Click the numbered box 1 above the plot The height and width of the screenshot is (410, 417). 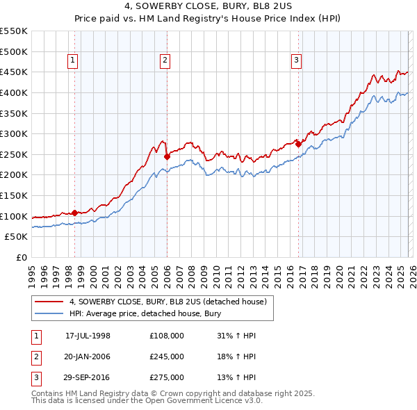pyautogui.click(x=73, y=61)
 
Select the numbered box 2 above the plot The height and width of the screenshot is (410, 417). pyautogui.click(x=165, y=61)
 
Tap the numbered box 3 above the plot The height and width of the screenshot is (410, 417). pyautogui.click(x=296, y=61)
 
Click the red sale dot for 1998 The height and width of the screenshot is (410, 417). pyautogui.click(x=74, y=213)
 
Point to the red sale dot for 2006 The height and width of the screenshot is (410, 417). pyautogui.click(x=167, y=156)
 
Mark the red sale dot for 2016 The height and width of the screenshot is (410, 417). pyautogui.click(x=298, y=144)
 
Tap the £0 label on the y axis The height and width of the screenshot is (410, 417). pyautogui.click(x=22, y=257)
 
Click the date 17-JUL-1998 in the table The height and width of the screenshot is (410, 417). pyautogui.click(x=88, y=336)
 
